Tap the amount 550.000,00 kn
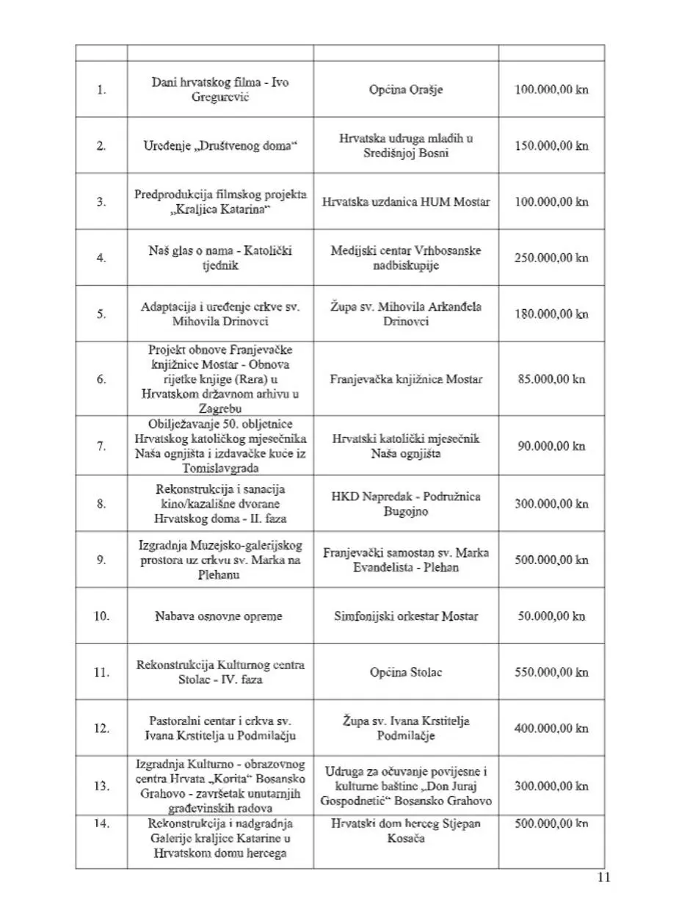552,672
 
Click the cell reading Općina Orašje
406,90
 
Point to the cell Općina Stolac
406,672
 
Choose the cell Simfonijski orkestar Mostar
406,616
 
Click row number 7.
101,446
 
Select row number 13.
101,786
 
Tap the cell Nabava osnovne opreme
219,616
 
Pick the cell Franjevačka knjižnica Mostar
406,380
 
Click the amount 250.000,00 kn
552,258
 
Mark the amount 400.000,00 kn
552,729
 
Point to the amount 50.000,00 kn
552,616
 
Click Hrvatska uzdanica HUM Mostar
406,201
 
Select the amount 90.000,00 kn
552,446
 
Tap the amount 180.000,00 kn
552,314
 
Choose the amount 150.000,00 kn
552,145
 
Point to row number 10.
101,616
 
